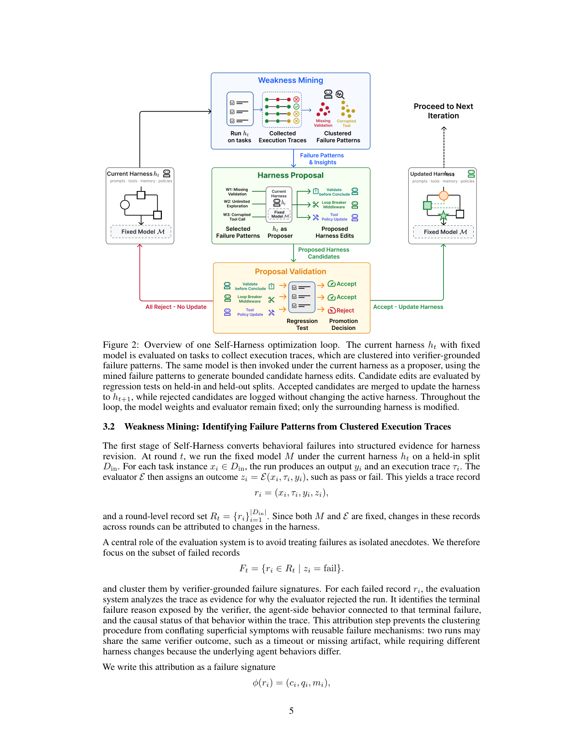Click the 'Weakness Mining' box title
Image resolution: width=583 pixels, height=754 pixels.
(x=290, y=80)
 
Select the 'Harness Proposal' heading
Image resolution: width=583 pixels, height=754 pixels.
(x=290, y=175)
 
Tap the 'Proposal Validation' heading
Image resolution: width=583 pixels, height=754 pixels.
(x=290, y=271)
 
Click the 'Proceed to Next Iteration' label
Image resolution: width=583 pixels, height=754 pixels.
(x=443, y=111)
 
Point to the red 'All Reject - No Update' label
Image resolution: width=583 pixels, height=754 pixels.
(x=176, y=307)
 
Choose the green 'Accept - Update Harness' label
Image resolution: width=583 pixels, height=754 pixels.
(x=408, y=307)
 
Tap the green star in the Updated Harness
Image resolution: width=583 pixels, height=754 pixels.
(x=444, y=216)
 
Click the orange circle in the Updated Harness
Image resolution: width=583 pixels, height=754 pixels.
(x=444, y=195)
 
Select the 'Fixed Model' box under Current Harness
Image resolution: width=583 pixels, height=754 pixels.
(x=141, y=231)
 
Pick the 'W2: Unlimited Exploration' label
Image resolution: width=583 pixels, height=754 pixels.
(x=237, y=204)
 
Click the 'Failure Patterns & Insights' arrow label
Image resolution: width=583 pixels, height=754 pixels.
(x=322, y=159)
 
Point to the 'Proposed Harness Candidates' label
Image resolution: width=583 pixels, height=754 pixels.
(x=324, y=253)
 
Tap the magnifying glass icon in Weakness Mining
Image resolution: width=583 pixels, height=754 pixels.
(x=340, y=95)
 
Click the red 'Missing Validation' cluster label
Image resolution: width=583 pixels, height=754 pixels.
(x=323, y=123)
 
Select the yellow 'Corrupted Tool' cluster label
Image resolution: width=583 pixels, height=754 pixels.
(x=346, y=123)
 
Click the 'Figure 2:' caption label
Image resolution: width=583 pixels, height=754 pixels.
(x=121, y=345)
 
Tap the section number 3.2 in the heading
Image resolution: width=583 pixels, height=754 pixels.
(x=109, y=426)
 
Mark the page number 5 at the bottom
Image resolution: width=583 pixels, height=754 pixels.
(x=291, y=711)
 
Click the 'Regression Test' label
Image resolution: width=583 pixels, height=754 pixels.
(x=302, y=324)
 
